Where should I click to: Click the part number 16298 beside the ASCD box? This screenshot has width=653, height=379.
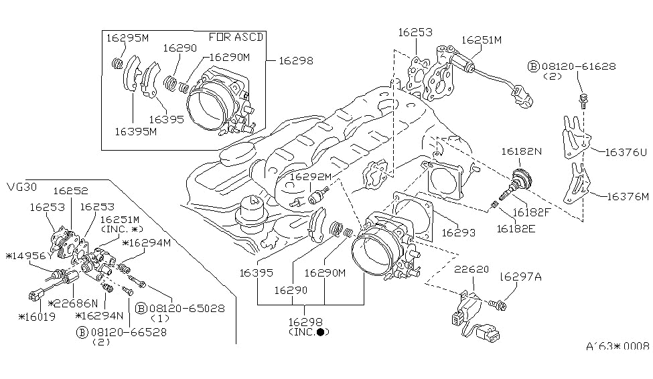pyautogui.click(x=295, y=60)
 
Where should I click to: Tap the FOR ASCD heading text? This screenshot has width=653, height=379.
pyautogui.click(x=235, y=37)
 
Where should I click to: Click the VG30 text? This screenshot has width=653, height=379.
pyautogui.click(x=21, y=186)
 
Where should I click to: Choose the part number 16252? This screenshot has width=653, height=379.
pyautogui.click(x=72, y=191)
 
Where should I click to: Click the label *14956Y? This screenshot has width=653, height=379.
pyautogui.click(x=27, y=256)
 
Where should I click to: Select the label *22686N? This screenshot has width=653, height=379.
pyautogui.click(x=74, y=303)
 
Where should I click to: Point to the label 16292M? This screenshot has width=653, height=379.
pyautogui.click(x=311, y=177)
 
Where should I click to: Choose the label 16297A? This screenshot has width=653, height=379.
pyautogui.click(x=518, y=275)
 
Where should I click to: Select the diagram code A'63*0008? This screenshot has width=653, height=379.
pyautogui.click(x=618, y=346)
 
